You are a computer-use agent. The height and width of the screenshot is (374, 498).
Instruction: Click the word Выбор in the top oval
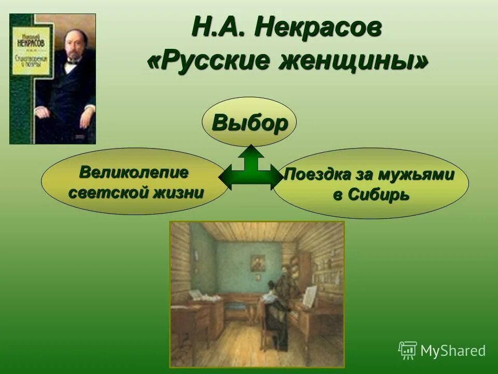[x=249, y=123]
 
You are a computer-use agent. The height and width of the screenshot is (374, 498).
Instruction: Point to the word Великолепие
[x=134, y=171]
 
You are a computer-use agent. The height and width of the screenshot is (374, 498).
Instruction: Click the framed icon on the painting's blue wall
[x=257, y=262]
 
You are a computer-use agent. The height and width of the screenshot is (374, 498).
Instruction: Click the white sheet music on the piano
[x=310, y=296]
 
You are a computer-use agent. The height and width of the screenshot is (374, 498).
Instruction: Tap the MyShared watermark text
[x=452, y=351]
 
